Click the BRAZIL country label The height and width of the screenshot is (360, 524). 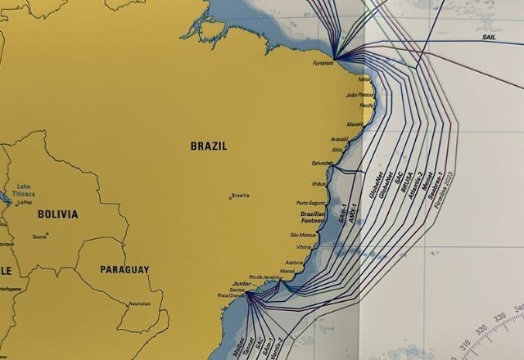pyautogui.click(x=209, y=146)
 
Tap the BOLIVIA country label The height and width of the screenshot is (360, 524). pyautogui.click(x=57, y=214)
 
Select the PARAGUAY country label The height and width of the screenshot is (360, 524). pyautogui.click(x=124, y=269)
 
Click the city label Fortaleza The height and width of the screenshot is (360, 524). pyautogui.click(x=323, y=63)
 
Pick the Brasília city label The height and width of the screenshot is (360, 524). pyautogui.click(x=241, y=196)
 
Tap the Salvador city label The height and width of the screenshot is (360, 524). pyautogui.click(x=322, y=163)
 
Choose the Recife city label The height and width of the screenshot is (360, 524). pyautogui.click(x=367, y=106)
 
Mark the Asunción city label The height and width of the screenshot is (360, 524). pyautogui.click(x=140, y=304)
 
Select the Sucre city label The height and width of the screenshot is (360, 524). pyautogui.click(x=39, y=236)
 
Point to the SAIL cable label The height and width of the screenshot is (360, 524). pyautogui.click(x=489, y=38)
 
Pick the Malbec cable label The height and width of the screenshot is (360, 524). pyautogui.click(x=238, y=347)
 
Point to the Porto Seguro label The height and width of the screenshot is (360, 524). pyautogui.click(x=311, y=203)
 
